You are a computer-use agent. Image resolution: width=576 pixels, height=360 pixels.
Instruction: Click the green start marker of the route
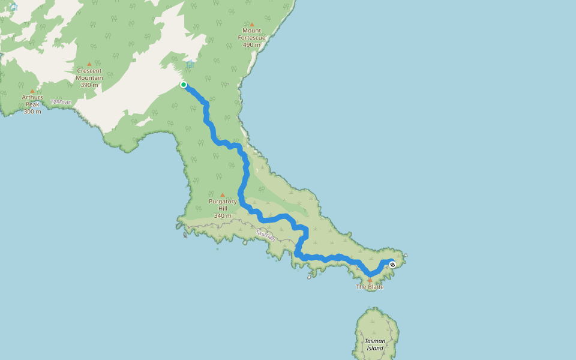point(184,85)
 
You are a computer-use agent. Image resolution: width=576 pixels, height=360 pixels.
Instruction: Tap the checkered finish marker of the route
point(392,264)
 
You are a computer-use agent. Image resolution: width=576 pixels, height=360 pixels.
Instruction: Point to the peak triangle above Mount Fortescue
point(252,23)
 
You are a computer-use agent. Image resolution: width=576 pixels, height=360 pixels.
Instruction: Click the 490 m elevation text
point(252,45)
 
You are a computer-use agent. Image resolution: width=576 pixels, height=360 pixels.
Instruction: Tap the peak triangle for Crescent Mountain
point(89,64)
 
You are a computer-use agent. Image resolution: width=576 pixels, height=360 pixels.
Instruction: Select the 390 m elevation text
point(89,85)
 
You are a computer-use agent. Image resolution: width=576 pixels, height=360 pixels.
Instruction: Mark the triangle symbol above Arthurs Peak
point(32,91)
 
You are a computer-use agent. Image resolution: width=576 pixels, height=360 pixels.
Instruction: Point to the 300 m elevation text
point(32,112)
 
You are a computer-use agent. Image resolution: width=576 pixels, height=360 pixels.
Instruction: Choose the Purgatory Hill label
point(223,205)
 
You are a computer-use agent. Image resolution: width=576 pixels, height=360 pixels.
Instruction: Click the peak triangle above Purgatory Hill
point(223,194)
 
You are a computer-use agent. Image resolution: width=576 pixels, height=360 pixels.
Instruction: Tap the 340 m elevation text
point(223,215)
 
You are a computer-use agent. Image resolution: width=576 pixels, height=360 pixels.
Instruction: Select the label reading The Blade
point(370,287)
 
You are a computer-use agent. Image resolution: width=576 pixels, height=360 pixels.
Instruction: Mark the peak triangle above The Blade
point(370,280)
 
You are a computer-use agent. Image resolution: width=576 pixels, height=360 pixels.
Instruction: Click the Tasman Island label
point(375,344)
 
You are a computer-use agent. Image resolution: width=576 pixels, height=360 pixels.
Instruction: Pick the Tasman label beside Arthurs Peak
point(61,102)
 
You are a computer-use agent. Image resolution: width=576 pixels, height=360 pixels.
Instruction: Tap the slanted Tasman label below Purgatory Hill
point(265,235)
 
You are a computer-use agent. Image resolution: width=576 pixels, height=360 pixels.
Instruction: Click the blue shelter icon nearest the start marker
point(190,64)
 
